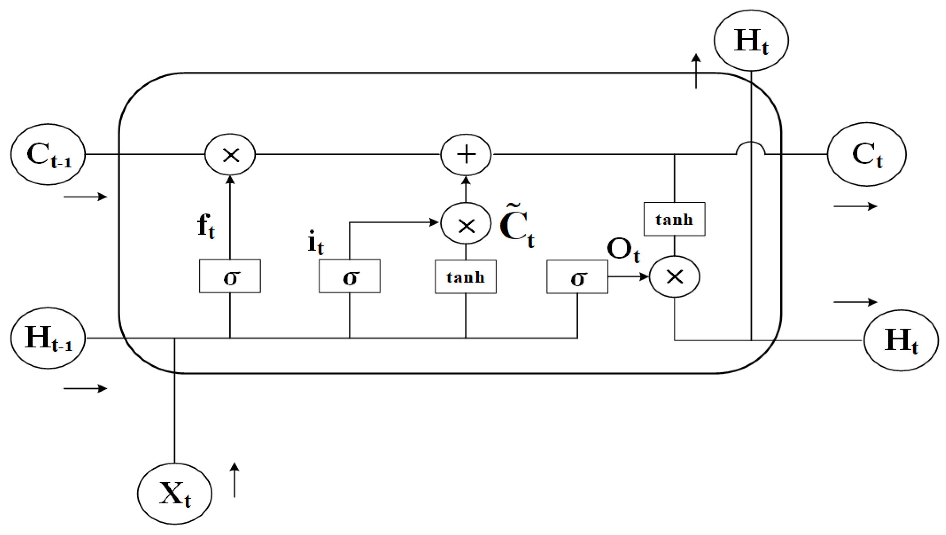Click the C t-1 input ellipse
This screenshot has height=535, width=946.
48,154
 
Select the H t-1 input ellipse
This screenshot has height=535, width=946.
48,338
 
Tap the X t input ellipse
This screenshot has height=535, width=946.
175,493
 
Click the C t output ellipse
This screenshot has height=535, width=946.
867,154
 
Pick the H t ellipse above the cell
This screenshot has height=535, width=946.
751,40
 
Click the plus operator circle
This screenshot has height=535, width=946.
466,154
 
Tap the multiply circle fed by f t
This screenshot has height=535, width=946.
230,154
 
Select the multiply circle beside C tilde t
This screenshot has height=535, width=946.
466,223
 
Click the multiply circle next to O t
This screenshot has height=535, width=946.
675,276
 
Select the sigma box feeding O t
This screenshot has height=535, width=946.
577,277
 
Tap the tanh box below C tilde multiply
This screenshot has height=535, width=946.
466,277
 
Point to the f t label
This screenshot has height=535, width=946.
206,226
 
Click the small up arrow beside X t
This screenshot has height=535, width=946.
234,480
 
